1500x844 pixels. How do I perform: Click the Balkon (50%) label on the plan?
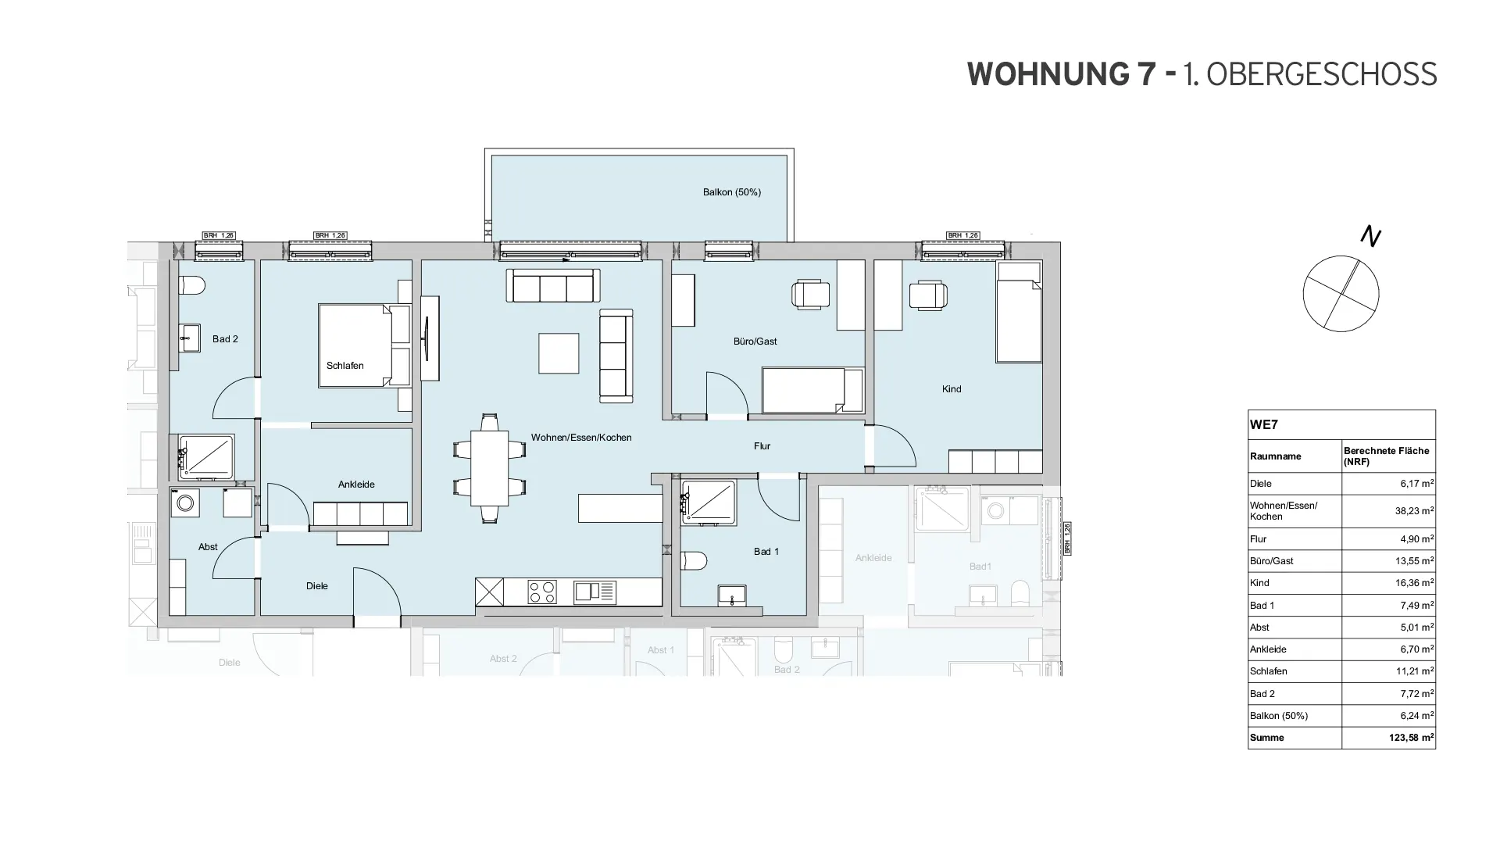pyautogui.click(x=731, y=192)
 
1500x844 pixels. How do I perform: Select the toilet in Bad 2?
pyautogui.click(x=191, y=286)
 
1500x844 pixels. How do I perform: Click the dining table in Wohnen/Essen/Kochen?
pyautogui.click(x=489, y=468)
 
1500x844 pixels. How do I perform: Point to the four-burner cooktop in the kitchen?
pyautogui.click(x=542, y=592)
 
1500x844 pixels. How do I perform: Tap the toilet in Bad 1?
pyautogui.click(x=694, y=560)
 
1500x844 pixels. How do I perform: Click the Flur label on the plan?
pyautogui.click(x=762, y=446)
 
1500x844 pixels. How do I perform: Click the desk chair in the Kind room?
pyautogui.click(x=928, y=295)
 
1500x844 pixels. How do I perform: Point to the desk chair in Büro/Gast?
pyautogui.click(x=811, y=295)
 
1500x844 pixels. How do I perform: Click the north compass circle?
pyautogui.click(x=1341, y=294)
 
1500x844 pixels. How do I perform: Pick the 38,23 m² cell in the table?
pyautogui.click(x=1387, y=511)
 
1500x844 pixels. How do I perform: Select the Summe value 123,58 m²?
pyautogui.click(x=1387, y=738)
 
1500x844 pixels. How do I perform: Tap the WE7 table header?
pyautogui.click(x=1264, y=425)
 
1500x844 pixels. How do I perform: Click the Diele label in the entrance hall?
pyautogui.click(x=316, y=586)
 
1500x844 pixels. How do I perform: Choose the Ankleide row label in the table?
pyautogui.click(x=1267, y=649)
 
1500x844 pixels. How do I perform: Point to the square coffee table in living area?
pyautogui.click(x=559, y=353)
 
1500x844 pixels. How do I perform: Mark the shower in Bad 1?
pyautogui.click(x=709, y=501)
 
